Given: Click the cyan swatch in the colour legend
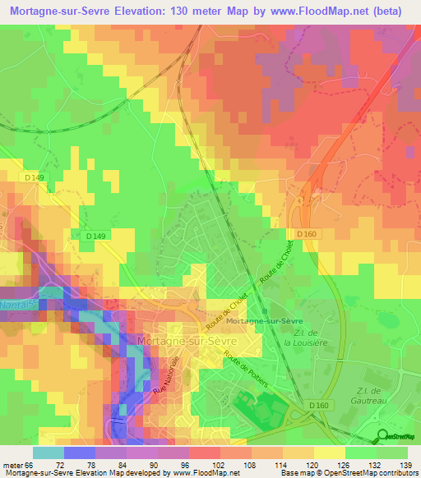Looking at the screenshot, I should (x=49, y=453).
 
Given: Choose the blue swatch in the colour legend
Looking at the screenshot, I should (x=80, y=453).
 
